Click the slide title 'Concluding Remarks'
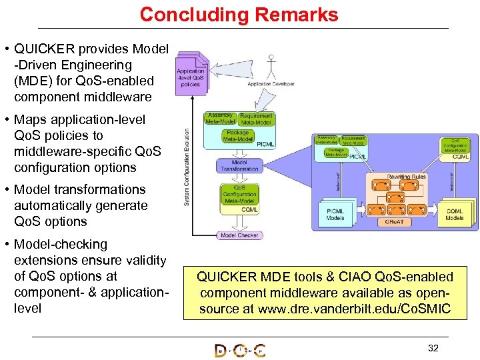click(239, 15)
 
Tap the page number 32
click(433, 348)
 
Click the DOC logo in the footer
click(239, 350)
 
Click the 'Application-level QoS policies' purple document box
click(191, 76)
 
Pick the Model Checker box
click(239, 235)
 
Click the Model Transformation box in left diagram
click(239, 165)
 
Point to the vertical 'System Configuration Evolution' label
click(187, 167)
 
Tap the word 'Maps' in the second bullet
click(32, 120)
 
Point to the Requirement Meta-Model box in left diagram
click(256, 119)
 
